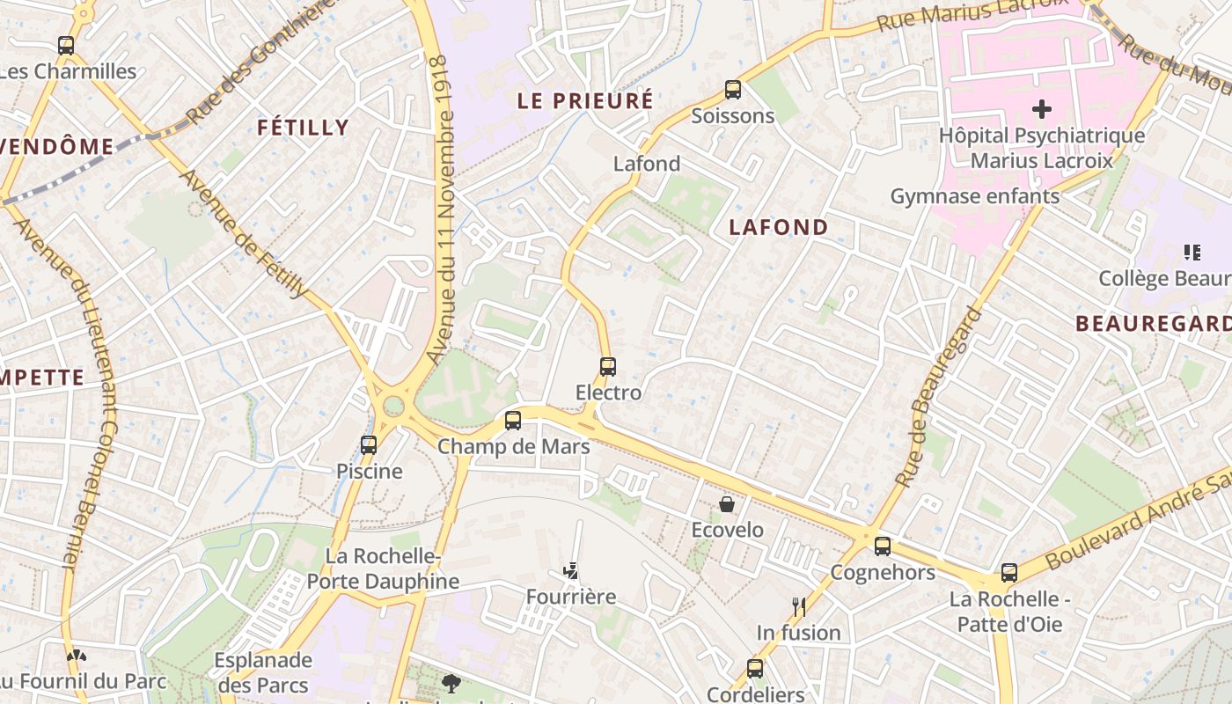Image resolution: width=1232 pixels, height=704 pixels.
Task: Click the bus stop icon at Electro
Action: pyautogui.click(x=607, y=366)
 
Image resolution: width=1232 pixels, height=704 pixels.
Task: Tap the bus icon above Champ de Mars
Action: pyautogui.click(x=513, y=421)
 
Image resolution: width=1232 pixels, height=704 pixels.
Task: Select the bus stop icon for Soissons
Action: pyautogui.click(x=732, y=90)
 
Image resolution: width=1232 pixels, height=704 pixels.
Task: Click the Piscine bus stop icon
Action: pyautogui.click(x=369, y=445)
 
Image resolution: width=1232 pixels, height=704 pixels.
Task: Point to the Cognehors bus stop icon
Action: pyautogui.click(x=883, y=546)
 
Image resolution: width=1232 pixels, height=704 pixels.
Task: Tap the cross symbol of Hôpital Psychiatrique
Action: pyautogui.click(x=1042, y=109)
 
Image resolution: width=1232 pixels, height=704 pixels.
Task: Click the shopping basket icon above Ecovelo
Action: pyautogui.click(x=727, y=504)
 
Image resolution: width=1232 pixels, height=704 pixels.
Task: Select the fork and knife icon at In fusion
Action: pyautogui.click(x=798, y=606)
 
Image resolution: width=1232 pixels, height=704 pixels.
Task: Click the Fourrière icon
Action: pyautogui.click(x=572, y=571)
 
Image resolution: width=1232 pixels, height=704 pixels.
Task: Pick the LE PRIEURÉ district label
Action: pyautogui.click(x=585, y=100)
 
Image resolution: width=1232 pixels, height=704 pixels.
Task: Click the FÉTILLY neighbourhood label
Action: pyautogui.click(x=304, y=128)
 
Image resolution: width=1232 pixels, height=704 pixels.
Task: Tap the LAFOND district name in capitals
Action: pyautogui.click(x=779, y=227)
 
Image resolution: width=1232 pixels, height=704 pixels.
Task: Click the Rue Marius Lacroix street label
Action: pyautogui.click(x=972, y=14)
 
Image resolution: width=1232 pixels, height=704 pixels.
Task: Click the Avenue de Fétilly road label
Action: pyautogui.click(x=244, y=233)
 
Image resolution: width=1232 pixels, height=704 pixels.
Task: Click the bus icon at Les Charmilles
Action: pyautogui.click(x=66, y=46)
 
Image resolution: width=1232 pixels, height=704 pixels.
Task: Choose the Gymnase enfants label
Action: pyautogui.click(x=975, y=196)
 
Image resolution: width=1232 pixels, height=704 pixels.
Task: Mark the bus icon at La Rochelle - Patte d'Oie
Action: pyautogui.click(x=1009, y=573)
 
